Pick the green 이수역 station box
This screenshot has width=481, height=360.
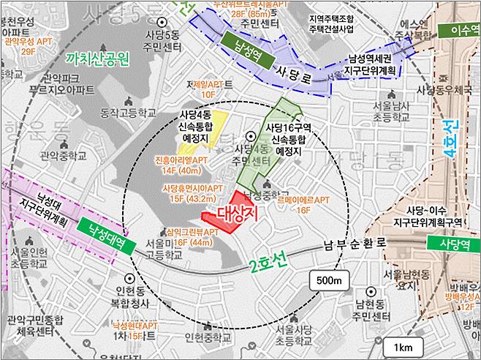pos(458,31)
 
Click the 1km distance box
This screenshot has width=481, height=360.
pos(402,346)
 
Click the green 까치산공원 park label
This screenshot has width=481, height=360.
pos(96,58)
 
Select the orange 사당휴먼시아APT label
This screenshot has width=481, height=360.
pos(193,192)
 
